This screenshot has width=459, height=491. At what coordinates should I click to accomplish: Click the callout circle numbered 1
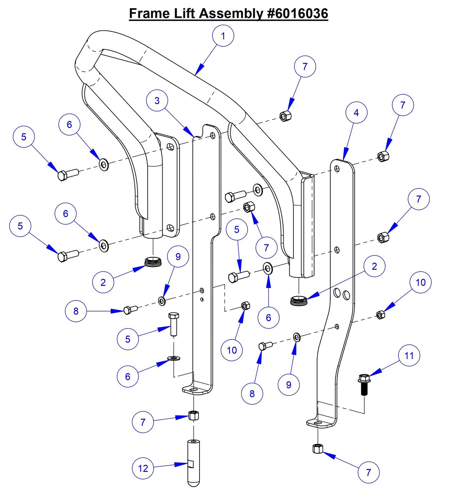tap(223, 36)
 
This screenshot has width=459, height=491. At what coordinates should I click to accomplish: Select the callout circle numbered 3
tap(157, 101)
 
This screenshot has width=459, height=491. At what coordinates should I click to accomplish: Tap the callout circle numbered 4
tap(356, 113)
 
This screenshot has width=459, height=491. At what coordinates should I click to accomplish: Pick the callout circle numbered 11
tap(409, 356)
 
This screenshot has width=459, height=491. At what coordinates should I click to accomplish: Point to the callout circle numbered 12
tap(143, 468)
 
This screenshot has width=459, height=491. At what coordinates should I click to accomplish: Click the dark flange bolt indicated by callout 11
tap(364, 384)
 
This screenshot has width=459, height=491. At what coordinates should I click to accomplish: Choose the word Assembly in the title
tap(231, 14)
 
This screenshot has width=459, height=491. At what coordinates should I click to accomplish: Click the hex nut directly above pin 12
tap(193, 415)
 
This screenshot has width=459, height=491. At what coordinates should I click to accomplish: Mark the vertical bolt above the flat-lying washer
tap(173, 324)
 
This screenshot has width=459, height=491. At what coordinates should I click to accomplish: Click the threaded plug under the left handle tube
tap(153, 262)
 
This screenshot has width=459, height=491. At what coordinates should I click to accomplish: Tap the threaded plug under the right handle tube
tap(299, 300)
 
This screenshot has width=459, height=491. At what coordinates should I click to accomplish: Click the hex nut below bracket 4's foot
tap(318, 448)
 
